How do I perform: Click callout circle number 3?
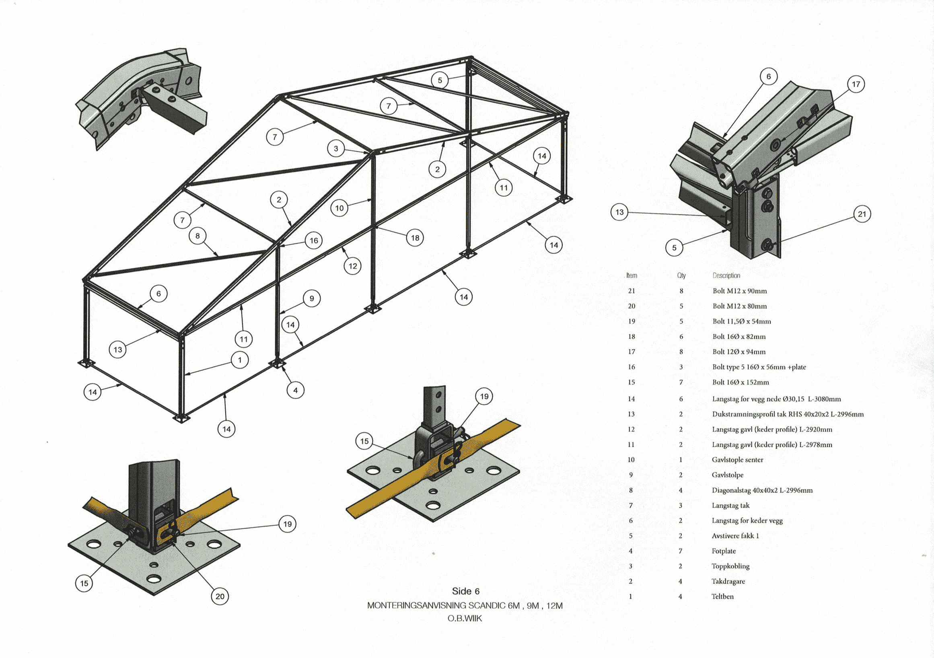click(x=335, y=149)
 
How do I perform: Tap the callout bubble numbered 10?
click(x=339, y=208)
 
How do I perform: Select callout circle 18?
click(x=415, y=238)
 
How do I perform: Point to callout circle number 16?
click(x=314, y=241)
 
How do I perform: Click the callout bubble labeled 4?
click(x=295, y=391)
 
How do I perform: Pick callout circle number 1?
click(x=240, y=360)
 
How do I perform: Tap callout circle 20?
click(x=220, y=596)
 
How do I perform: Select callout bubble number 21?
click(x=862, y=214)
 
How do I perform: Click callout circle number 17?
click(x=856, y=84)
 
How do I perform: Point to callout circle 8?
click(x=198, y=236)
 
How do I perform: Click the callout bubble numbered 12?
click(x=352, y=266)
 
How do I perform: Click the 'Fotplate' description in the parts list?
click(x=724, y=551)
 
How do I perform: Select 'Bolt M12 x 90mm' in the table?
click(x=740, y=291)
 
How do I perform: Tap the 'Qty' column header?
click(x=681, y=276)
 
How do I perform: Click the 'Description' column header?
click(x=726, y=276)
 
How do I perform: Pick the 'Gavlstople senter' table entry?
click(x=737, y=460)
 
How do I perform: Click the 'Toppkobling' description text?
click(x=730, y=566)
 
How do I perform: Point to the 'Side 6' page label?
click(x=466, y=591)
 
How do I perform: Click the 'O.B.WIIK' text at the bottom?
click(x=465, y=619)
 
